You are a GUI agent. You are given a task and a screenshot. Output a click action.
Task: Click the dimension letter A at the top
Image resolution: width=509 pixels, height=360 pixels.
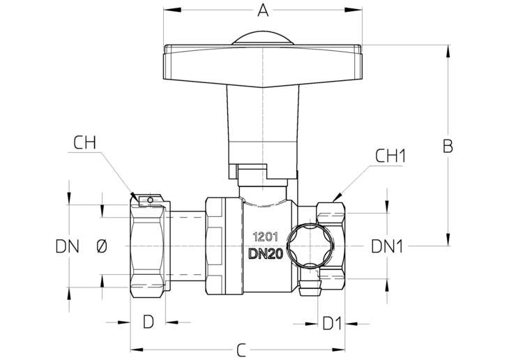coord(263,10)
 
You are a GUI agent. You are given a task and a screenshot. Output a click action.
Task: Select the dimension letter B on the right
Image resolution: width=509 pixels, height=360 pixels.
coord(448,146)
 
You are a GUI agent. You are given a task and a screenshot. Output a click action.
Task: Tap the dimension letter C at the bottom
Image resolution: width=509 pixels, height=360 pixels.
coord(241,350)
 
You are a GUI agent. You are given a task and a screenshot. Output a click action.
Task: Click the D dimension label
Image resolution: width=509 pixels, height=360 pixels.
coord(149,322)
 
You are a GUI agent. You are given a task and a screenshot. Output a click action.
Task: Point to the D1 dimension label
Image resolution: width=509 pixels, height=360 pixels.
coord(332,324)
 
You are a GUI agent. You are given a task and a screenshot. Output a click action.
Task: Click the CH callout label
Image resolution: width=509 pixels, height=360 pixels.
coord(84,142)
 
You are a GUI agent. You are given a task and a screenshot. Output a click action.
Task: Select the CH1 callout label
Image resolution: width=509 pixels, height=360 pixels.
coord(390,156)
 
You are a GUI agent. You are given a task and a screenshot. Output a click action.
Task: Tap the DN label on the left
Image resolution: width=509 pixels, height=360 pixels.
coord(67,246)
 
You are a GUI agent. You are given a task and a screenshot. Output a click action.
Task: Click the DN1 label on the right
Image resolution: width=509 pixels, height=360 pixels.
coord(387,246)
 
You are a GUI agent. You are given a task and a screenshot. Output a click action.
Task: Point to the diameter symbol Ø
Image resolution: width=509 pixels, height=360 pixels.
coord(102,246)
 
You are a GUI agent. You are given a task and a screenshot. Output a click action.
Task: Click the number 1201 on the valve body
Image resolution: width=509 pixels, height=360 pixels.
coord(265,237)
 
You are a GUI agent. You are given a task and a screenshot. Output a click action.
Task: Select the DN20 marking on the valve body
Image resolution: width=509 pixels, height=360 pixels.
coord(266,254)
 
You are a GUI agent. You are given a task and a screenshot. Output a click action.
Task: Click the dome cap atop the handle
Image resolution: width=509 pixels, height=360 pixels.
coord(263,38)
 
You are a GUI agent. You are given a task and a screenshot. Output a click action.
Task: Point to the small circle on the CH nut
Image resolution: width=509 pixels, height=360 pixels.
coord(150,200)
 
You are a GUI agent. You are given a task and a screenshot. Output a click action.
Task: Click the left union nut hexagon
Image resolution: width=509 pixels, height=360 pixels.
coord(148,246)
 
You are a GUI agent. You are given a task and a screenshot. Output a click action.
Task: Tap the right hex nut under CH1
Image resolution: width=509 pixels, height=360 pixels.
coord(331,246)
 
